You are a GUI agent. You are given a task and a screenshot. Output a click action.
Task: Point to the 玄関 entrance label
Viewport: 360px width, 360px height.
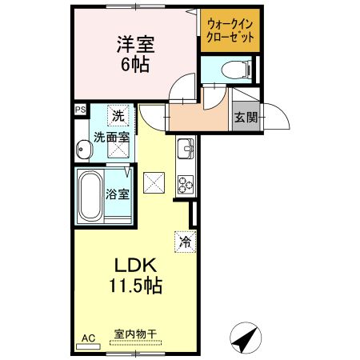(x=245, y=118)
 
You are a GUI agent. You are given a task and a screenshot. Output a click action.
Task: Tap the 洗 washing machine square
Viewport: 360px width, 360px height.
(x=118, y=116)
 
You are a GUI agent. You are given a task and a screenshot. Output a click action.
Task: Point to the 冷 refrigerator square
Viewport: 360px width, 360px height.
(x=185, y=239)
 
